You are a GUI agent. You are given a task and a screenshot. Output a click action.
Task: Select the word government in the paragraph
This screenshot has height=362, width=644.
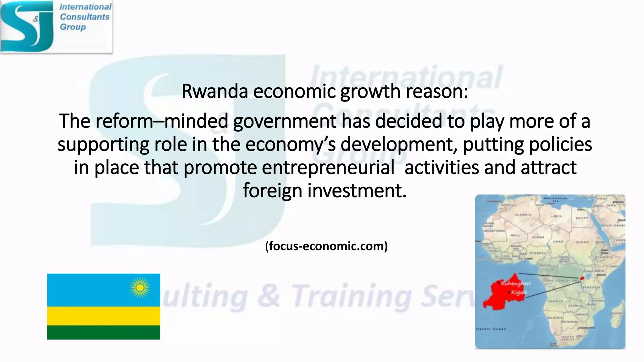(285, 121)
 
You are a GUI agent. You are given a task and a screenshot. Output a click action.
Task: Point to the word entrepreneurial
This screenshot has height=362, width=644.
(328, 167)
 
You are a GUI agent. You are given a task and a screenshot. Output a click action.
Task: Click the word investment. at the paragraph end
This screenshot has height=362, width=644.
(357, 191)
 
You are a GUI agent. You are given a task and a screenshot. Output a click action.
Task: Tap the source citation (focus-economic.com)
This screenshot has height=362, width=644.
(326, 246)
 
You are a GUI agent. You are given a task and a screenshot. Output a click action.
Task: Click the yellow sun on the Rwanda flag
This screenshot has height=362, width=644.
(140, 288)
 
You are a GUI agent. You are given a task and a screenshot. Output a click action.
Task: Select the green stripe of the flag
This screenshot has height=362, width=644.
(103, 332)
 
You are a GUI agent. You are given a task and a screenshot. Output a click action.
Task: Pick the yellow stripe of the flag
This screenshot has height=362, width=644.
(103, 316)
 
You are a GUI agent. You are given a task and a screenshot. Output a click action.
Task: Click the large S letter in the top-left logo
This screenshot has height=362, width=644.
(22, 27)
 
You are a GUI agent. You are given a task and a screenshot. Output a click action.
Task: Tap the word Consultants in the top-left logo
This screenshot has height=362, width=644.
(85, 17)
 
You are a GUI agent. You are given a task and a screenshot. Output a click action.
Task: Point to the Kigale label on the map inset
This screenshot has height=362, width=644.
(519, 293)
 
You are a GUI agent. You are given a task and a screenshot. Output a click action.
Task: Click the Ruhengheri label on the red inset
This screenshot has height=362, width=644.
(516, 283)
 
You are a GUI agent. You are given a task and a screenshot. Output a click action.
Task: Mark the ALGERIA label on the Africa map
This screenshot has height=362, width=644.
(523, 215)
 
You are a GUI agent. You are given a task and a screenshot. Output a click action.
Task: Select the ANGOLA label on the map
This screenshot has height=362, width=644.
(555, 301)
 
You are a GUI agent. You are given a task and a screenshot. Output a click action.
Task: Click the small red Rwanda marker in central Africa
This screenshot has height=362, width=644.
(582, 278)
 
